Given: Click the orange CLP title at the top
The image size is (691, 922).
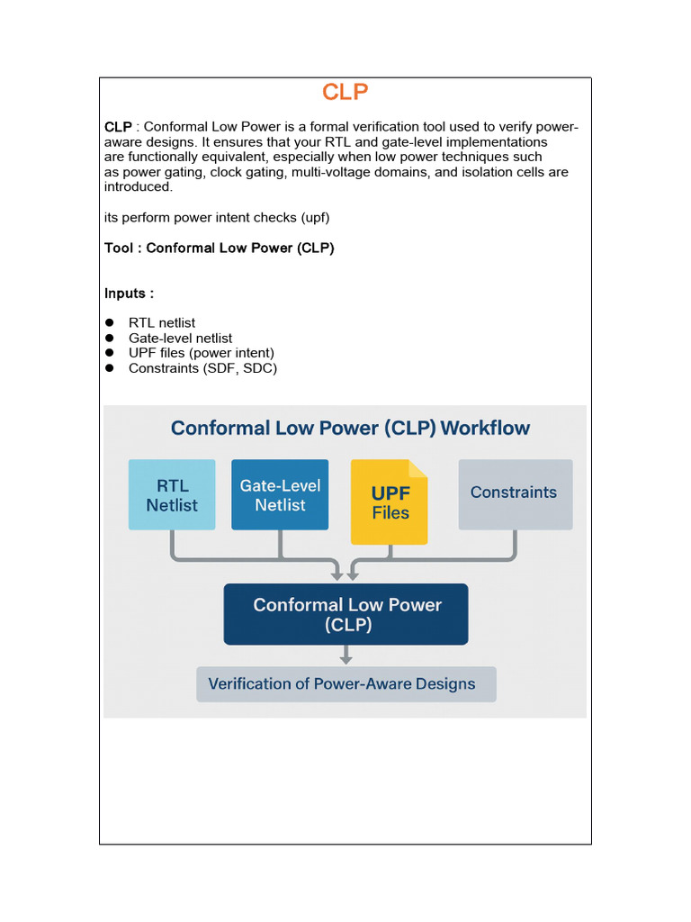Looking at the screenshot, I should click(x=345, y=93).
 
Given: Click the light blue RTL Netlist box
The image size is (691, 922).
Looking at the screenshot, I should click(x=172, y=494).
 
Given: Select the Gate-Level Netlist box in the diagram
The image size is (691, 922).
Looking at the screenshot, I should click(x=280, y=494).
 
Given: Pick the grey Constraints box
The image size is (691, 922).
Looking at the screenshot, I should click(x=515, y=493).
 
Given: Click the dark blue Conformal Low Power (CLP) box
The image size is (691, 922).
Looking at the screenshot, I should click(x=345, y=614).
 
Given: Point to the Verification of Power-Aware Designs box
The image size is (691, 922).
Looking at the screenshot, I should click(x=345, y=683).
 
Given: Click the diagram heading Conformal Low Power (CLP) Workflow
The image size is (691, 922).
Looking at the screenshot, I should click(x=350, y=428).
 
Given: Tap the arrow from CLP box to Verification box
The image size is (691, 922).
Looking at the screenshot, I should click(x=345, y=655).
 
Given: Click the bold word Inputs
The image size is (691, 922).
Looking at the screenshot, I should click(x=128, y=294).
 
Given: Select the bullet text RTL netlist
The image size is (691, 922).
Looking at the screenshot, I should click(x=162, y=322).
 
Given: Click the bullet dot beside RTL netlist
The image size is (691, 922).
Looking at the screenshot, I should click(x=110, y=322).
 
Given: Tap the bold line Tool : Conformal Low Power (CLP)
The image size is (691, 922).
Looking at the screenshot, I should click(x=220, y=248).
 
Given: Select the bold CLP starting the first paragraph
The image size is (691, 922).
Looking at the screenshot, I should click(x=118, y=127).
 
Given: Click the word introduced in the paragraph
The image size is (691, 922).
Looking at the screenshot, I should click(x=138, y=187).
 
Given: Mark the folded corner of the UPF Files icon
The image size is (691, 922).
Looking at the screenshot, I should click(x=418, y=468).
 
